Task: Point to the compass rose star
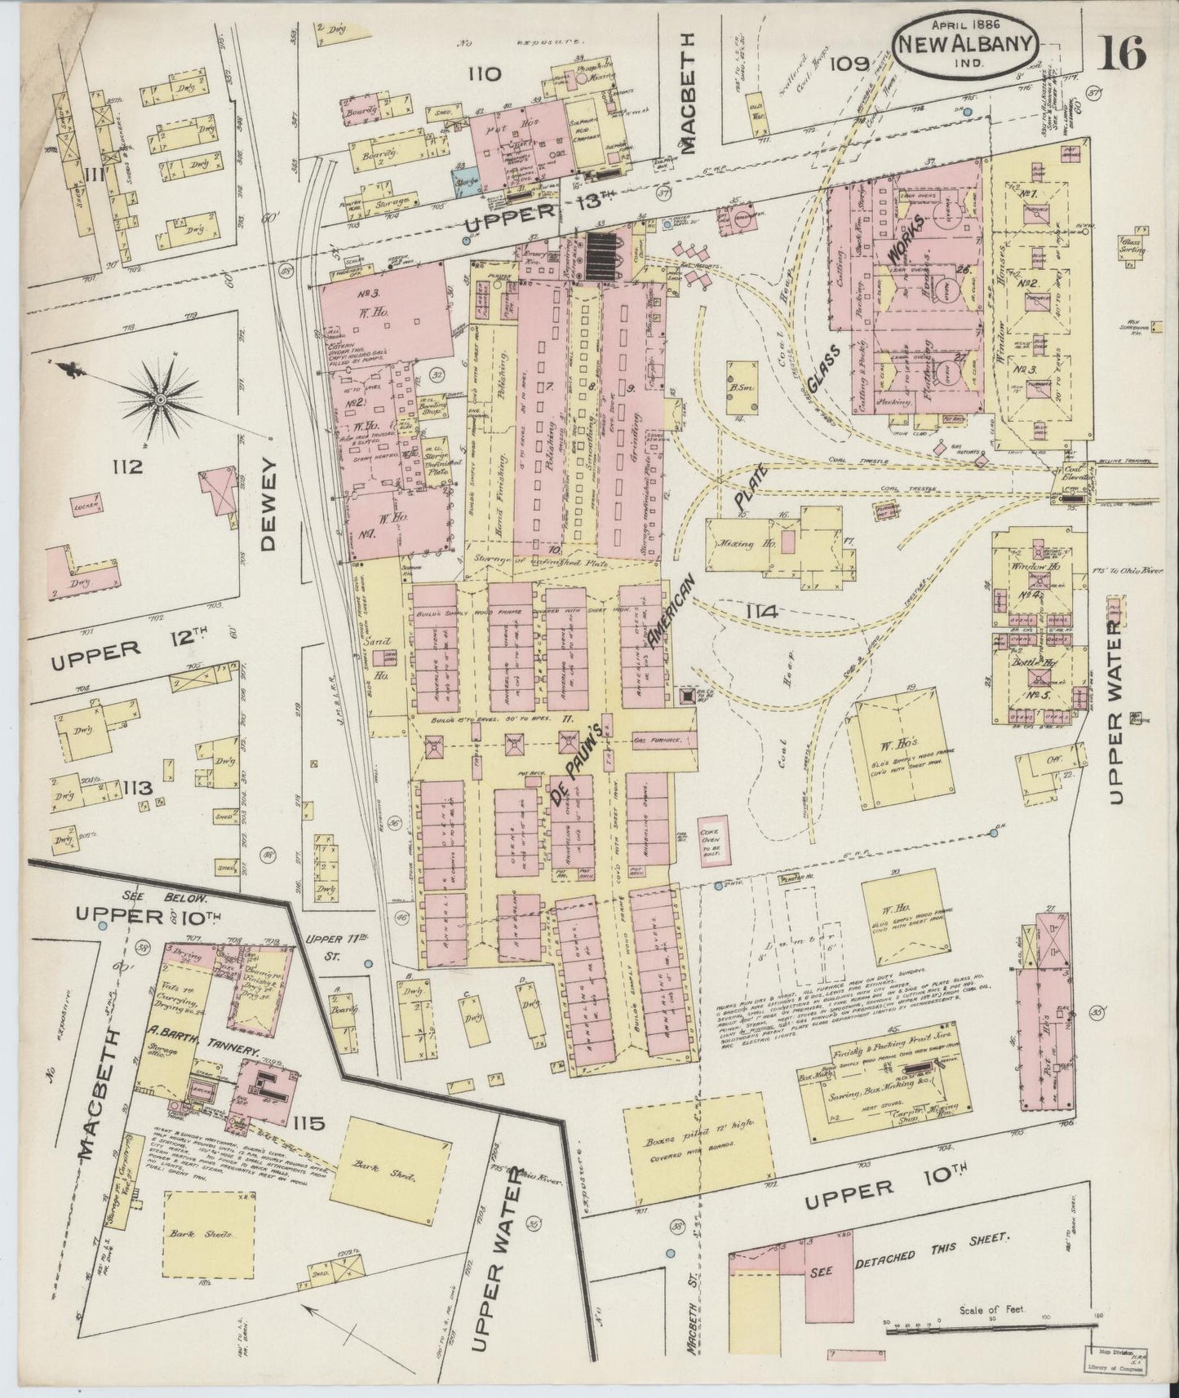[x=161, y=399]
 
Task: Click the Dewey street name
[x=270, y=502]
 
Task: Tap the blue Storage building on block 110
[x=467, y=183]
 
